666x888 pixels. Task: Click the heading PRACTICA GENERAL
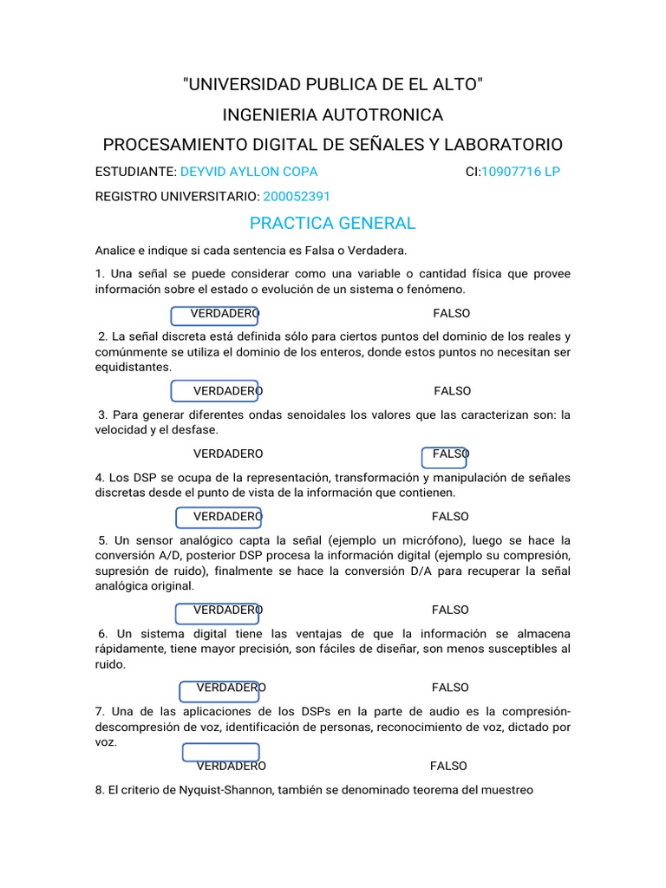(332, 224)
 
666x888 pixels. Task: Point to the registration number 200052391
(297, 197)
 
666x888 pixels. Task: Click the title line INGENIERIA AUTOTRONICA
(332, 115)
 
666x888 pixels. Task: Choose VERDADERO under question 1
(225, 313)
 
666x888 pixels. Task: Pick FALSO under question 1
(451, 313)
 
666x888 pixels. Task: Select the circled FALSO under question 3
(450, 454)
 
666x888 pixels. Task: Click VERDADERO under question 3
(228, 454)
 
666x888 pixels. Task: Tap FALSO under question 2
(453, 391)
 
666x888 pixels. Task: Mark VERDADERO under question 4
(228, 517)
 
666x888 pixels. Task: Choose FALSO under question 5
(450, 610)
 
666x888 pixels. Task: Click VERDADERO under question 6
(232, 688)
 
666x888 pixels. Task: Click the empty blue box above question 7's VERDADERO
(220, 752)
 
